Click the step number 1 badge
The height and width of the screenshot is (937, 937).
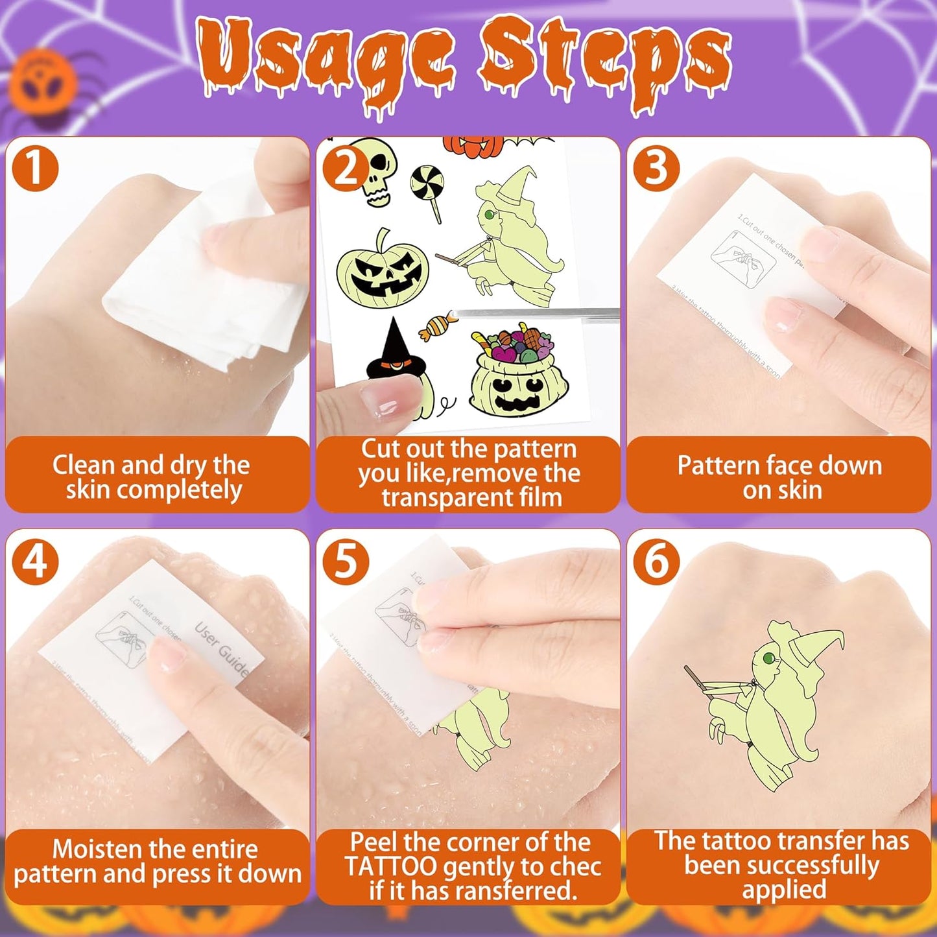(35, 168)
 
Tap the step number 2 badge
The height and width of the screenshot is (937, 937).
(346, 168)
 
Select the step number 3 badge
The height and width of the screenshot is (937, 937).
(656, 168)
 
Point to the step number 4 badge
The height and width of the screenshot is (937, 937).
(35, 561)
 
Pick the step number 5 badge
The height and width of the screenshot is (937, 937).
(346, 561)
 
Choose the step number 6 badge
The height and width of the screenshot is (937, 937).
(656, 561)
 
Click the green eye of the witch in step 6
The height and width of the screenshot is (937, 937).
(768, 659)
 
